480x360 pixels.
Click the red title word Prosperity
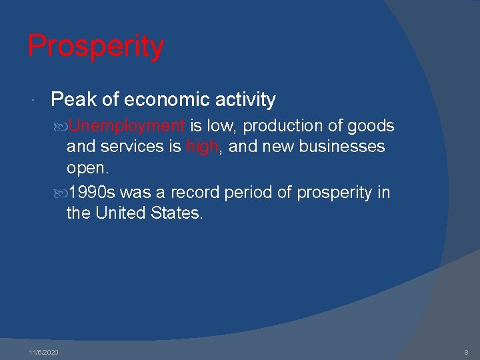95,47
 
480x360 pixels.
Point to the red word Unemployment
126,126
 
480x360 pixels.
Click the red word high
203,147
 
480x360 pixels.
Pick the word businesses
341,146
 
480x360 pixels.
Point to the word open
87,167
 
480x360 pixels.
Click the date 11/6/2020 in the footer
43,352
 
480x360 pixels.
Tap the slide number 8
467,352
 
